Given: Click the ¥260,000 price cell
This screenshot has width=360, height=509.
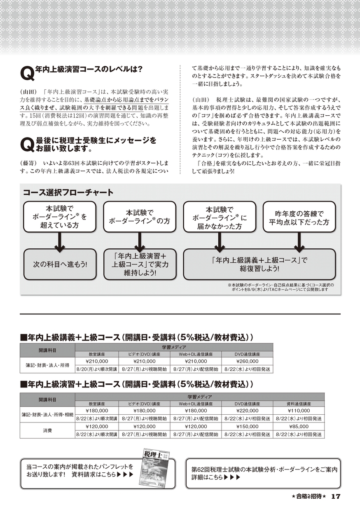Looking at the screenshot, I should tap(247, 361).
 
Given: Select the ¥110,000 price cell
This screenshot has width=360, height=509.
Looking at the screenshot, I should tap(299, 411).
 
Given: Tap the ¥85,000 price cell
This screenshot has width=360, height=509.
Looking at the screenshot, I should tap(299, 427).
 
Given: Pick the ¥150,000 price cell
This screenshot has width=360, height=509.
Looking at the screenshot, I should tap(247, 427).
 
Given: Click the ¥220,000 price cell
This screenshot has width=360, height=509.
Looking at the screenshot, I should tap(247, 411).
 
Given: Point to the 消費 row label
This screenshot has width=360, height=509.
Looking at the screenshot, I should tap(47, 430).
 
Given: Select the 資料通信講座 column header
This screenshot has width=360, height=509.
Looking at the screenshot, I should tap(299, 404).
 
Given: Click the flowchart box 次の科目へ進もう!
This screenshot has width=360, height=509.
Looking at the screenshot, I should tap(60, 264).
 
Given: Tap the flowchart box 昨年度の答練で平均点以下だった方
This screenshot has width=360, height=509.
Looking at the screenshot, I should tap(299, 217).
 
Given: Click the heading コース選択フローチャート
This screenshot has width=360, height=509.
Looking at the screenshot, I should tap(68, 192).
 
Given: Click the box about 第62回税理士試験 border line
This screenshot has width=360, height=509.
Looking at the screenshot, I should tap(263, 473).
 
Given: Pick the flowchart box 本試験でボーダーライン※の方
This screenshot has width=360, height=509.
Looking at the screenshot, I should tap(139, 217).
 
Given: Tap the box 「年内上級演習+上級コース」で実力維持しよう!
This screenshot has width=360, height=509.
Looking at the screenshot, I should tap(139, 264).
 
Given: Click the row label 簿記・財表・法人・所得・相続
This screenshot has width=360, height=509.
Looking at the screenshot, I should tap(47, 414).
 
